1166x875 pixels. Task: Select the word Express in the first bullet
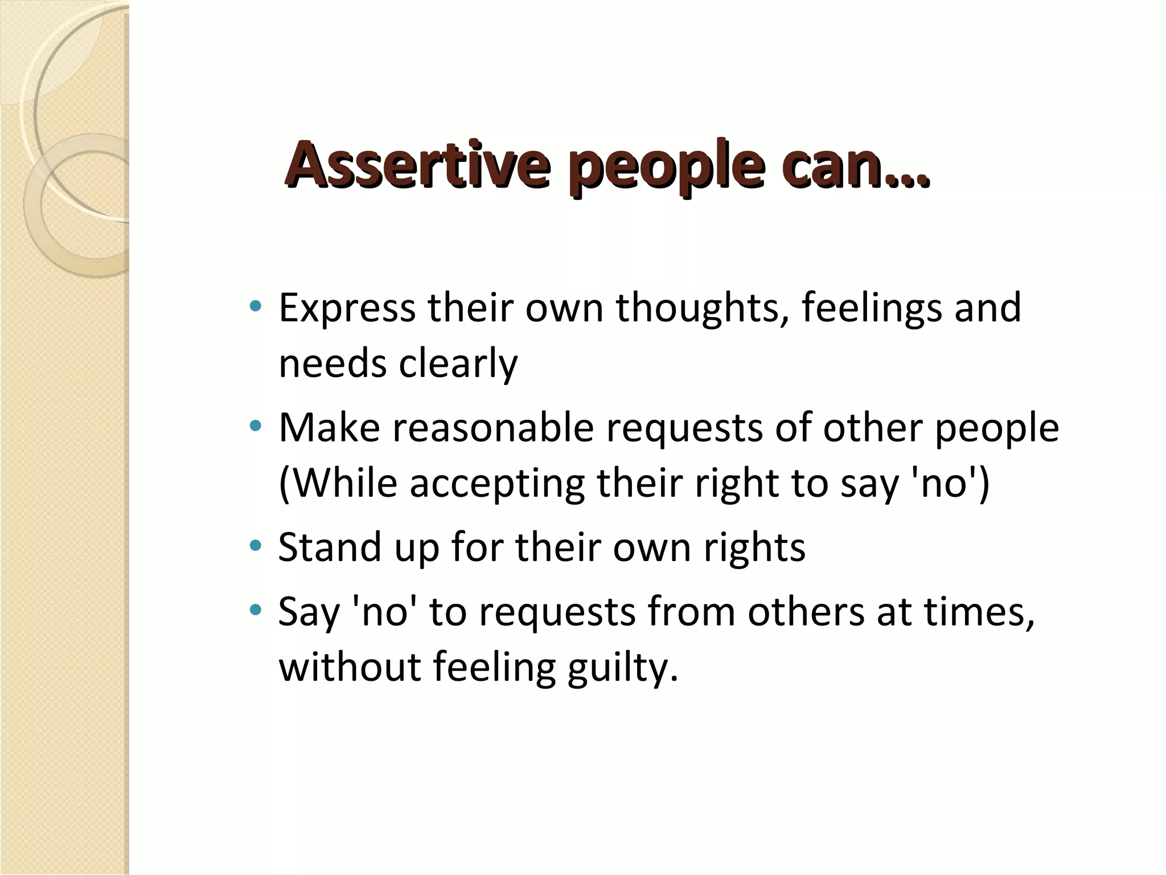(347, 308)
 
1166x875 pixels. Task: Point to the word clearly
(458, 363)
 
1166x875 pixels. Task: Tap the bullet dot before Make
(256, 425)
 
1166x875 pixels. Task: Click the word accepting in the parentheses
(496, 484)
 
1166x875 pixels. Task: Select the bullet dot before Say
(256, 610)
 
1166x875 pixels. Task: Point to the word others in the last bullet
(806, 612)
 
